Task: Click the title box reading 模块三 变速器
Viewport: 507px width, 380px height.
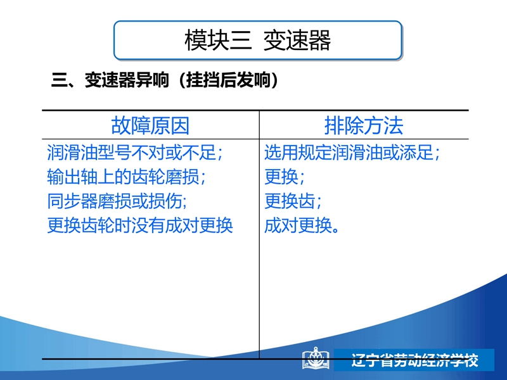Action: [x=258, y=41]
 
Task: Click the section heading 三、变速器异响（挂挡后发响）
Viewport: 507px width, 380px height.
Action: [x=165, y=80]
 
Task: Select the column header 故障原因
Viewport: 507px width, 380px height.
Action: [x=150, y=125]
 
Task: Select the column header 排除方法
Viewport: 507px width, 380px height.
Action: [x=364, y=125]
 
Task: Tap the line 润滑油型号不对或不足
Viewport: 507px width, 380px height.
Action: [x=134, y=152]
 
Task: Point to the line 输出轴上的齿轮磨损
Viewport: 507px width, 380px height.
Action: [x=126, y=177]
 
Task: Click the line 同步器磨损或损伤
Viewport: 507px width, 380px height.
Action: [x=117, y=201]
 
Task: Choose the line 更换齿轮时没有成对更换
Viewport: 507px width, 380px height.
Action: [x=140, y=225]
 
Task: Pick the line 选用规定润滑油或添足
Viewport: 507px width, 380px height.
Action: [x=352, y=152]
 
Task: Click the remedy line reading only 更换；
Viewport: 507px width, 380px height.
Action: [x=285, y=177]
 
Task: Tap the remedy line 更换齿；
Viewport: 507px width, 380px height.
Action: [x=293, y=201]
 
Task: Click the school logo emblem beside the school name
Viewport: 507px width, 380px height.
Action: [x=316, y=358]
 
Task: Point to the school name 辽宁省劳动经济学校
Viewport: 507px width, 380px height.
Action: [x=415, y=360]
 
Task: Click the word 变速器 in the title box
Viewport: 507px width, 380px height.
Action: [x=297, y=41]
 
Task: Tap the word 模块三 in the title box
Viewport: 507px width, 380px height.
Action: [x=218, y=41]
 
